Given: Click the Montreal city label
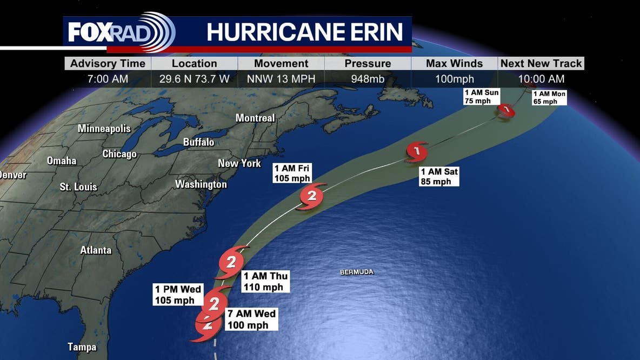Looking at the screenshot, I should [255, 118].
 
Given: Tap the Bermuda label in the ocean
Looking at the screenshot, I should [357, 272].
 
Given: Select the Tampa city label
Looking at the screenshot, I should [82, 347].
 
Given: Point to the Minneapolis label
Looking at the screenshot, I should [104, 129].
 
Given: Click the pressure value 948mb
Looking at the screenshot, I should [368, 79].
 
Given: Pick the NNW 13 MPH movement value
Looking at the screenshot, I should [281, 79].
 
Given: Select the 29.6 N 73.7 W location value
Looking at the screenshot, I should [195, 79].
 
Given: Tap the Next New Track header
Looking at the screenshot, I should [541, 63].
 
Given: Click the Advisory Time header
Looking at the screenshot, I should [108, 63].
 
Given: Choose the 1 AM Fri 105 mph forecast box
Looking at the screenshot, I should [292, 173].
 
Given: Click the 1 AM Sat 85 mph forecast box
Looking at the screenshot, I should [439, 177].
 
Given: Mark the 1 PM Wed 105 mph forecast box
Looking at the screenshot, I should [178, 295].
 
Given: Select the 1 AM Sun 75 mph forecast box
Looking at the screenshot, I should [481, 97].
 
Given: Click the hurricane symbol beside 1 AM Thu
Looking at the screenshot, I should [231, 263].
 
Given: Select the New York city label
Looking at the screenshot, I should [239, 163].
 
